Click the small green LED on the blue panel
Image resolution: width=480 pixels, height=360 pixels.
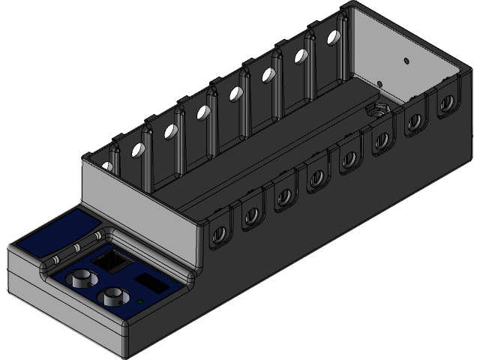(x=141, y=301)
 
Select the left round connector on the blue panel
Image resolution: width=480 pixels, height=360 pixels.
(x=79, y=280)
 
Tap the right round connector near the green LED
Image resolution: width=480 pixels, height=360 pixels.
(x=113, y=296)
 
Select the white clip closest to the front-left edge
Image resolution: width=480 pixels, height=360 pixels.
(x=55, y=259)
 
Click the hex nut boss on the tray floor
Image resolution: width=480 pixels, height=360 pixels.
(x=375, y=111)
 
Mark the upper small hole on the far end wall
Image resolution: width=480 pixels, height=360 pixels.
(x=405, y=59)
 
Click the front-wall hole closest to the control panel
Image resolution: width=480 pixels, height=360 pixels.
(x=220, y=234)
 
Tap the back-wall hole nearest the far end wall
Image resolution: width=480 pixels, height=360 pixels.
(x=331, y=39)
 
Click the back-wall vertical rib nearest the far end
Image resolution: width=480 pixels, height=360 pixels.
(x=341, y=45)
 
